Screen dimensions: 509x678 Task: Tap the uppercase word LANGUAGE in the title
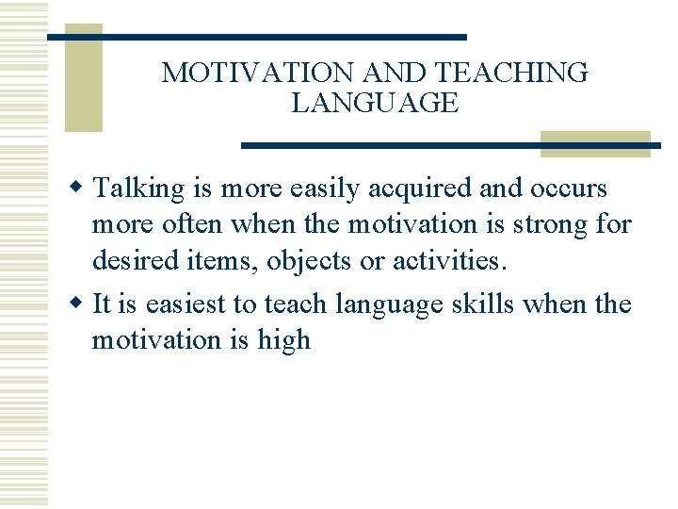pyautogui.click(x=375, y=104)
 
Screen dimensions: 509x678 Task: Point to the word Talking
pyautogui.click(x=140, y=189)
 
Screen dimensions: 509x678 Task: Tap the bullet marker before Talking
pyautogui.click(x=81, y=189)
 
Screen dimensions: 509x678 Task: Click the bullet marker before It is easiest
pyautogui.click(x=81, y=304)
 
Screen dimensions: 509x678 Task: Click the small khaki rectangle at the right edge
pyautogui.click(x=595, y=143)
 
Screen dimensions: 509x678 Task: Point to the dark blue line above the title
pyautogui.click(x=256, y=37)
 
